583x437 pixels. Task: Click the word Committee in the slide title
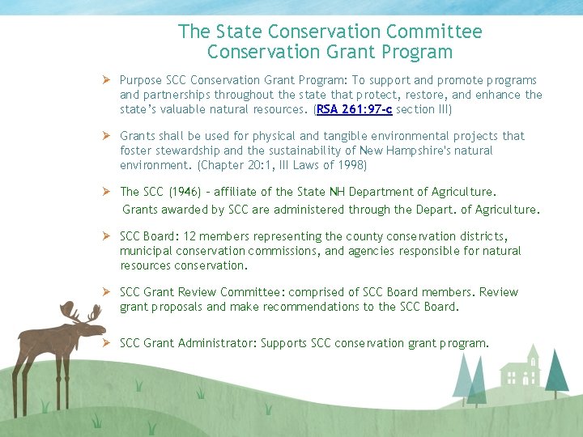click(x=434, y=32)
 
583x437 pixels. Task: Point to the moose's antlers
click(x=80, y=312)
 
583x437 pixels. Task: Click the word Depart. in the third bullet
click(x=439, y=210)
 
